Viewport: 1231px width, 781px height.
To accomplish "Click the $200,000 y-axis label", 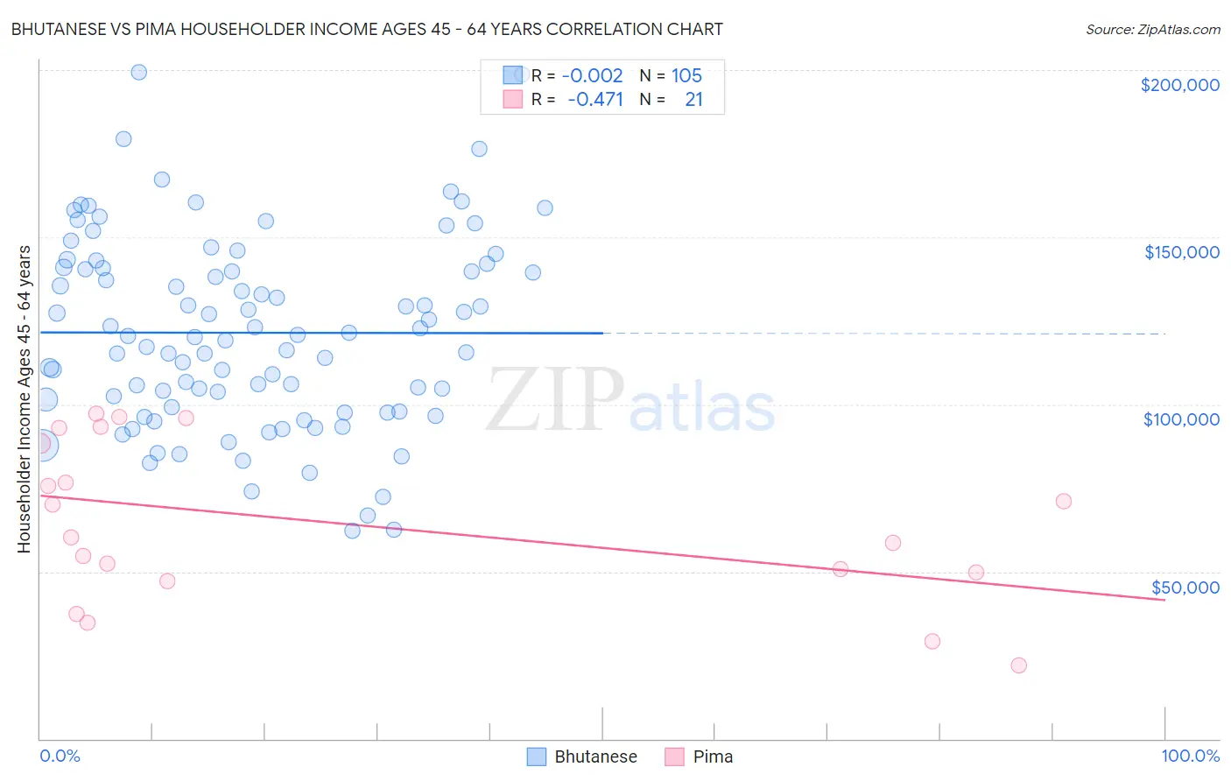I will pyautogui.click(x=1179, y=85).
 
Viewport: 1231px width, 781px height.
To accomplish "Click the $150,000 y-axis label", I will pyautogui.click(x=1181, y=252).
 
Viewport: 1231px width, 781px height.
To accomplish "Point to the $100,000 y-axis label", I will pyautogui.click(x=1181, y=419).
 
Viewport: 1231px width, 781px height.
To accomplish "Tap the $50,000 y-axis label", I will pyautogui.click(x=1185, y=588).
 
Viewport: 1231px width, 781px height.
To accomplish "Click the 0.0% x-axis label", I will pyautogui.click(x=60, y=756).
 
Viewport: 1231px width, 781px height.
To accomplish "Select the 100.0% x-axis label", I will pyautogui.click(x=1190, y=756).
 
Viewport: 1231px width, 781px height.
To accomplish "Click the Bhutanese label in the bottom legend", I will pyautogui.click(x=595, y=756).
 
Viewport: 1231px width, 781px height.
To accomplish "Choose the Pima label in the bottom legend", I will pyautogui.click(x=713, y=756).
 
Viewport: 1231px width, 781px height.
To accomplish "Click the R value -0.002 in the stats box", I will pyautogui.click(x=592, y=76).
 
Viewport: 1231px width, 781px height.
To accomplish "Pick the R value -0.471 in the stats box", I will pyautogui.click(x=594, y=100).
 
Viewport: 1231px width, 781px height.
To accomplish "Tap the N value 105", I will pyautogui.click(x=686, y=76).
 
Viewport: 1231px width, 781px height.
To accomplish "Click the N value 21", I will pyautogui.click(x=693, y=100).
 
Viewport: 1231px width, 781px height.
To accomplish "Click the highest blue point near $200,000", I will pyautogui.click(x=138, y=73).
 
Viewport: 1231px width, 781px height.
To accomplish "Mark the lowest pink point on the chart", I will pyautogui.click(x=1018, y=665).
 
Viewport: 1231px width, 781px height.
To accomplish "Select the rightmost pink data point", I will pyautogui.click(x=1064, y=502).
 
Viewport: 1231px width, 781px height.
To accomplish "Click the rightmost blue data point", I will pyautogui.click(x=545, y=208).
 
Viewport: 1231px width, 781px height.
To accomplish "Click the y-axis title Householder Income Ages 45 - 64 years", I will pyautogui.click(x=24, y=398).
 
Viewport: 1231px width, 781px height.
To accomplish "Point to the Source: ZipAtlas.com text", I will pyautogui.click(x=1152, y=30).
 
